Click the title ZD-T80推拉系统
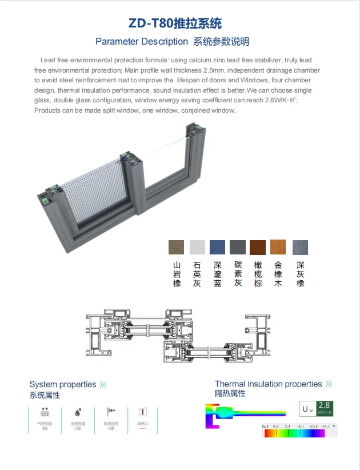[x=174, y=23]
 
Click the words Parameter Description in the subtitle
[x=141, y=42]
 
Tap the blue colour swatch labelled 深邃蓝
[x=217, y=247]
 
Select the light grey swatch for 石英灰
[x=197, y=247]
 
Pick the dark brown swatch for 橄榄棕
[x=258, y=247]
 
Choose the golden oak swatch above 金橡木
[x=278, y=247]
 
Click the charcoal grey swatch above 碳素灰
[x=237, y=247]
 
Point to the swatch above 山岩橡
[x=177, y=247]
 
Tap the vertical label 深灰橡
[x=300, y=274]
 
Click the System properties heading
[x=63, y=384]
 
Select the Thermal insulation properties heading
[x=268, y=384]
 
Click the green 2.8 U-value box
[x=325, y=408]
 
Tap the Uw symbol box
[x=308, y=409]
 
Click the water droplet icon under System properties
[x=77, y=412]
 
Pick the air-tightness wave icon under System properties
[x=45, y=412]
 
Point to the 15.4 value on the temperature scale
[x=265, y=427]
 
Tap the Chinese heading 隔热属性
[x=230, y=393]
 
